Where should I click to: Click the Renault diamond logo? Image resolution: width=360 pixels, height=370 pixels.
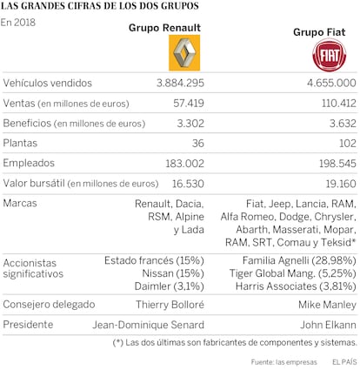[x=184, y=53]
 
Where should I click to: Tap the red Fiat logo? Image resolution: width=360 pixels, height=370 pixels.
[x=330, y=55]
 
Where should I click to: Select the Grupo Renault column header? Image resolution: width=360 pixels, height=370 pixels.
[x=164, y=28]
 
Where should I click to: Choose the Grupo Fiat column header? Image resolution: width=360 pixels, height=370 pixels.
[x=319, y=32]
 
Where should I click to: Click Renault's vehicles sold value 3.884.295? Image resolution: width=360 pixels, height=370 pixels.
[x=180, y=83]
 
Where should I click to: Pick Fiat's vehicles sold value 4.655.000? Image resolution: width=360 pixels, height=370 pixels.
[x=331, y=83]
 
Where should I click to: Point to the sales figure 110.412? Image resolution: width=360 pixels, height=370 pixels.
[x=339, y=103]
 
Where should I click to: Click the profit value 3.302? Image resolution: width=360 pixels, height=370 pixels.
[x=190, y=124]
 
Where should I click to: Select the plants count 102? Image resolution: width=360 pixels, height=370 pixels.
[x=348, y=143]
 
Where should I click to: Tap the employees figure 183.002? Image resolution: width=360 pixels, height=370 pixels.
[x=185, y=164]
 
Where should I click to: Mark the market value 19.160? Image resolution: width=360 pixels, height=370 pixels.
[x=341, y=184]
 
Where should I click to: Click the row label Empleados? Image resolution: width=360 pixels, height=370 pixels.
[x=29, y=163]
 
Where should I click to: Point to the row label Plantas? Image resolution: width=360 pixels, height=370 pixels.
[x=20, y=143]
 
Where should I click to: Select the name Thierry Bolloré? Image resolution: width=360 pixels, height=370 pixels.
[x=170, y=305]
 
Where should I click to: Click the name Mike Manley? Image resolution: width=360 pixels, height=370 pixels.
[x=327, y=305]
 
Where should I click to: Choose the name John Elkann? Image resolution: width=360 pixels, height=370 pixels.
[x=328, y=325]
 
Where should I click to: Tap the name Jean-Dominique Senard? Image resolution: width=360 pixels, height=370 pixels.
[x=149, y=325]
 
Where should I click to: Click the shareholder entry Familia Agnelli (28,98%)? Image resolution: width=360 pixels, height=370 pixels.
[x=299, y=260]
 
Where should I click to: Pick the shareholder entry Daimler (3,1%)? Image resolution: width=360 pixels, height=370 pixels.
[x=170, y=286]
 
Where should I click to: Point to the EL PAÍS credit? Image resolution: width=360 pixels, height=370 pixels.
[x=344, y=362]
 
